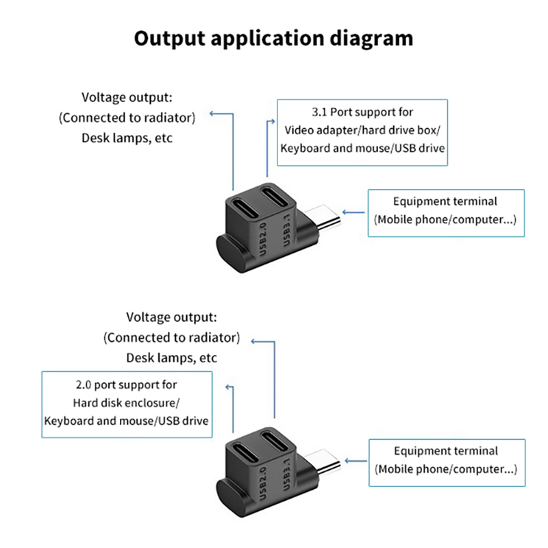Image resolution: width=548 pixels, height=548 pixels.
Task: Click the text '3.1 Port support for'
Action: click(362, 112)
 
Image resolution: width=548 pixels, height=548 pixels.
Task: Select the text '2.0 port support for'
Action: click(126, 385)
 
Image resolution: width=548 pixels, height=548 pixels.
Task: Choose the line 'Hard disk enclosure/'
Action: click(126, 402)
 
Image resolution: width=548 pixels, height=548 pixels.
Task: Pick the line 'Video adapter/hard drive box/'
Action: click(362, 129)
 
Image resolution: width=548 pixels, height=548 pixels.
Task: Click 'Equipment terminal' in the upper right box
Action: click(445, 201)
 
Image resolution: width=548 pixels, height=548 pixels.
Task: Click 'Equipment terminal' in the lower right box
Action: click(446, 451)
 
